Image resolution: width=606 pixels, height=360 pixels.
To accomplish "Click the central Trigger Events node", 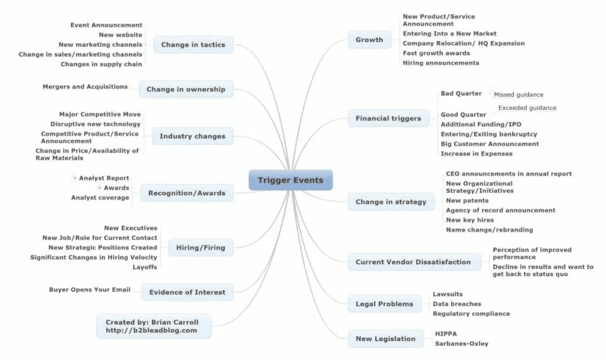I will pos(291,180).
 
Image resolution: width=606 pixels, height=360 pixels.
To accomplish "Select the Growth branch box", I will pos(369,40).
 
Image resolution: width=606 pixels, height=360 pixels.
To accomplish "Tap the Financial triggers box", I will pos(388,118).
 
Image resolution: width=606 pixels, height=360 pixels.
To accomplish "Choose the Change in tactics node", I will pos(193,45).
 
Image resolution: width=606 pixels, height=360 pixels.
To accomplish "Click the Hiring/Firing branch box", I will pos(201,247).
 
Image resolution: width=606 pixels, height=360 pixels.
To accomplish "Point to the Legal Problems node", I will pos(384,304).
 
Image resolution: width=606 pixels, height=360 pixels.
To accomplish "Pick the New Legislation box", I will pos(385,339).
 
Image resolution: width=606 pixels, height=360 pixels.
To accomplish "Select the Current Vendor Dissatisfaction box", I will pos(413,262).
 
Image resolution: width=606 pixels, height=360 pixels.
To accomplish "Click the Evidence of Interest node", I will pos(187,292).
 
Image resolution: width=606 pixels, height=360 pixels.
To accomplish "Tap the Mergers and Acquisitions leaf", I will pos(85,87).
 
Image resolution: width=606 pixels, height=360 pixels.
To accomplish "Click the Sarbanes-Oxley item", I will pos(462,343).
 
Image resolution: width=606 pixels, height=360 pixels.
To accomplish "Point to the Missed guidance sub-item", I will pos(518,95).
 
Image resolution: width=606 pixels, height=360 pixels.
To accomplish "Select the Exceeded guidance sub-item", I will pos(527,108).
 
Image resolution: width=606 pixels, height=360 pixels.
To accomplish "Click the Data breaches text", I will pos(457,304).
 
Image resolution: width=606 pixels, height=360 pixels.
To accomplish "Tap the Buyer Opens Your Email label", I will pos(89,290).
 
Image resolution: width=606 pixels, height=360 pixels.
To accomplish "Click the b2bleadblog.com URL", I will pos(151,330).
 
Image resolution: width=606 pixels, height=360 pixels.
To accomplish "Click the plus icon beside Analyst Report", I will pos(75,178).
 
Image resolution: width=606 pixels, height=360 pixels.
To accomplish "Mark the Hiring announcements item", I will pos(441,62).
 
